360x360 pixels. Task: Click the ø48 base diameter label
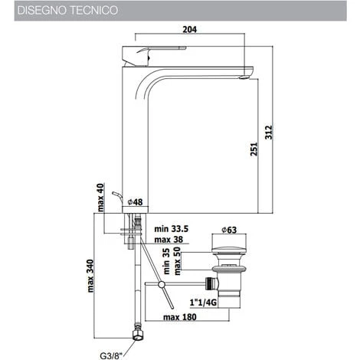pos(136,203)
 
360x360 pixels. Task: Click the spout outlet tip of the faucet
pos(246,75)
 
